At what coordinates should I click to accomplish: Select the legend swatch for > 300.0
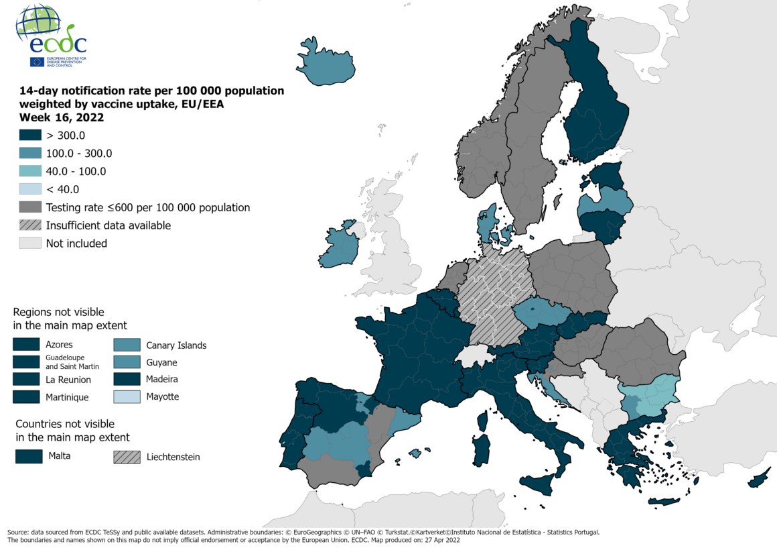coord(30,135)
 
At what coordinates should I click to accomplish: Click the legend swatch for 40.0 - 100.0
coord(30,171)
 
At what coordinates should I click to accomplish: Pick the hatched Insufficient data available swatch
coord(30,225)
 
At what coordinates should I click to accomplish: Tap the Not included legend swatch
coord(30,243)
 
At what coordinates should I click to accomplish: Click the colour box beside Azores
coord(25,345)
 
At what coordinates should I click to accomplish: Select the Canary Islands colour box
coord(127,345)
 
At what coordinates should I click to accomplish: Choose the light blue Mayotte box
coord(127,396)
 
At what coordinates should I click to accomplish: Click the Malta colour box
coord(28,457)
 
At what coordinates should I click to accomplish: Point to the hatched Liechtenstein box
coord(127,457)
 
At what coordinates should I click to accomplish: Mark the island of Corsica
coord(482,421)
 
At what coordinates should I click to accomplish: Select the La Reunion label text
coord(68,380)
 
